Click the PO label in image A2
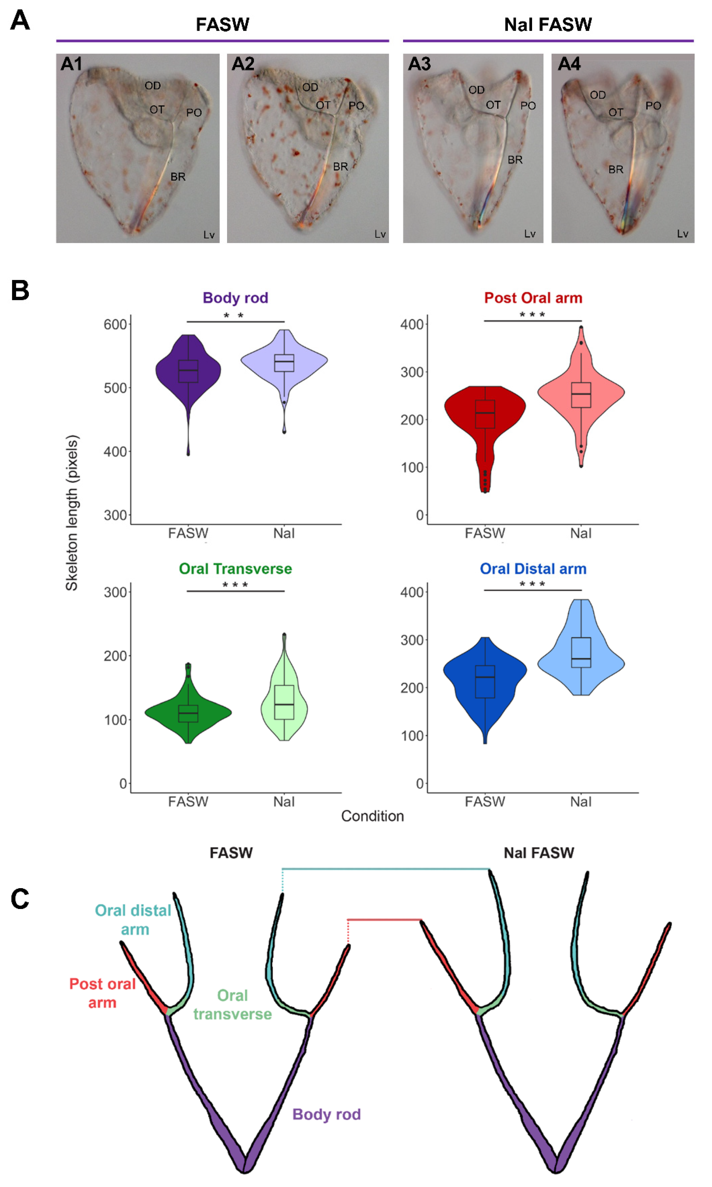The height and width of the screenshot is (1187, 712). pos(356,106)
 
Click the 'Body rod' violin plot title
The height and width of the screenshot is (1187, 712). pos(235,298)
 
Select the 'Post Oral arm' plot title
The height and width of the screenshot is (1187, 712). pos(533,298)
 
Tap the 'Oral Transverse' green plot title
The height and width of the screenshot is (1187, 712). pos(235,569)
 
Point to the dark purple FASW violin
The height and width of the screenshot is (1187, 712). pos(188,372)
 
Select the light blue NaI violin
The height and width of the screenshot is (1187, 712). pos(581,657)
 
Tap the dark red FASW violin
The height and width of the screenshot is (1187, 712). pos(485,412)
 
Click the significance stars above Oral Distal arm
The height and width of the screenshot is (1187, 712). pos(533,584)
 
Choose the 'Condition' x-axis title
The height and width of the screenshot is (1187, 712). pos(372,816)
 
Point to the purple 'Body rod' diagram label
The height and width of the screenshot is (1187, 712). pos(326,1114)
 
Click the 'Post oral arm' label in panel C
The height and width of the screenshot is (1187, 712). pos(102,993)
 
